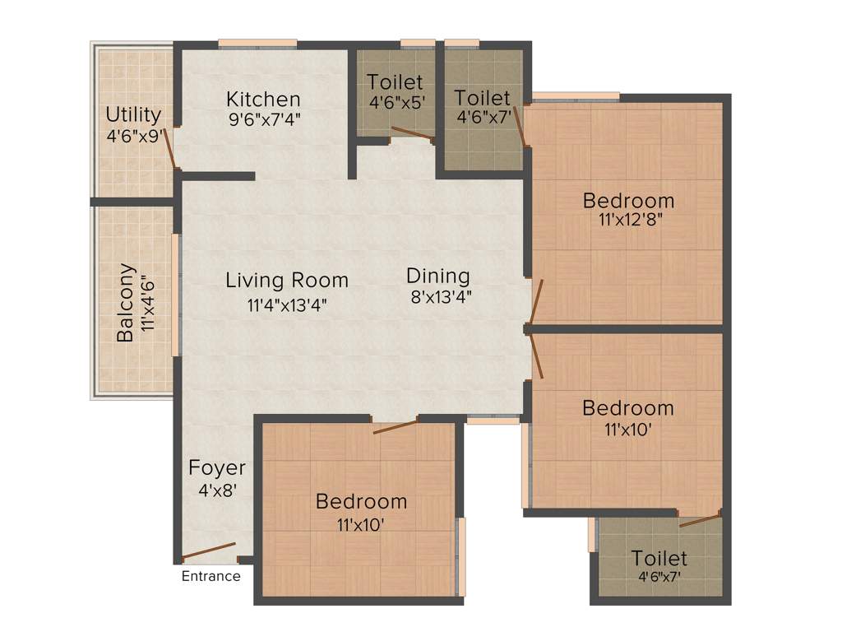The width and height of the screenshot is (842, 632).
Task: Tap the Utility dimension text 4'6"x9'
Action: [132, 136]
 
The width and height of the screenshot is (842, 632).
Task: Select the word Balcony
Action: [126, 303]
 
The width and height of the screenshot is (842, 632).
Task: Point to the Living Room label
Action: [287, 281]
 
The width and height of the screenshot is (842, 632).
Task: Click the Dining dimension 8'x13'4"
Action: [441, 296]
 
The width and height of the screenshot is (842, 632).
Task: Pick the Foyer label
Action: [217, 468]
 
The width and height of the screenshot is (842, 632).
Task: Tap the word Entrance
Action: [211, 576]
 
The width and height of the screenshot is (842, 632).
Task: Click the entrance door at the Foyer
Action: [209, 551]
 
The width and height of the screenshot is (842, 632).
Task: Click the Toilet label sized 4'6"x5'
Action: [396, 82]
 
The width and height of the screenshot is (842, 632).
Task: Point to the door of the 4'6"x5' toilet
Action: [412, 133]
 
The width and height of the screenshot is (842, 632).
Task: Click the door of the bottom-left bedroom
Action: [396, 426]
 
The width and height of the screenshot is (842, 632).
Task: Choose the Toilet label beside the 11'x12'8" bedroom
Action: [483, 99]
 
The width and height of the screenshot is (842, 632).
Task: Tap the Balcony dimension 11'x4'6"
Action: [148, 303]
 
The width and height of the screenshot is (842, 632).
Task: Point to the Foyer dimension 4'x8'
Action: [217, 490]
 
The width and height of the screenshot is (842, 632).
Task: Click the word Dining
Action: [438, 276]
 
